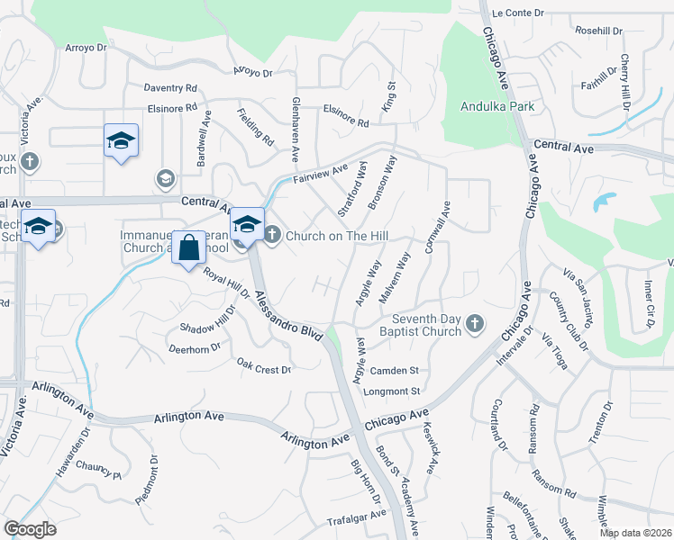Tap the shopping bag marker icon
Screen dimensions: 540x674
click(x=187, y=248)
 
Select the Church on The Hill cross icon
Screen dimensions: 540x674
click(x=271, y=235)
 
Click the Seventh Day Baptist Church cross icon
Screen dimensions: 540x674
click(x=476, y=323)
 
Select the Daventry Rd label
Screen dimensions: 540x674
click(x=170, y=88)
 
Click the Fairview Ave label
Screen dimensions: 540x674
click(x=320, y=169)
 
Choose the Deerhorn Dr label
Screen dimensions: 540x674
click(x=195, y=347)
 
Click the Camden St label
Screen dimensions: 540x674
click(x=396, y=370)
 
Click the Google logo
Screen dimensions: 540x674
click(x=30, y=529)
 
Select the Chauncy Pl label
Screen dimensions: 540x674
click(x=98, y=468)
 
